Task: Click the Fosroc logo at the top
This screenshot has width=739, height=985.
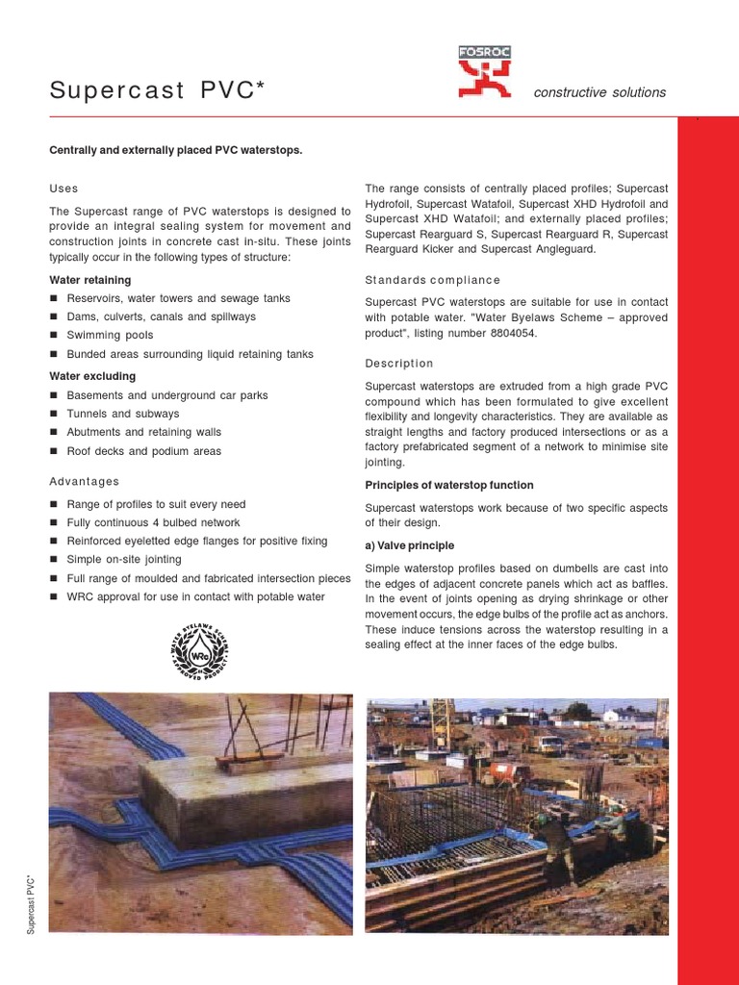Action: tap(486, 72)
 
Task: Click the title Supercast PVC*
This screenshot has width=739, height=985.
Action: tap(157, 91)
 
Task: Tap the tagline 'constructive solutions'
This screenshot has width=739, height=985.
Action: tap(599, 92)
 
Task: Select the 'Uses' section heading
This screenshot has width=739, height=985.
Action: tap(64, 189)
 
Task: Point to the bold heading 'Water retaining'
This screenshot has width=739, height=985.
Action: tap(90, 280)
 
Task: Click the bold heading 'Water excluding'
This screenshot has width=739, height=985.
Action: tap(92, 376)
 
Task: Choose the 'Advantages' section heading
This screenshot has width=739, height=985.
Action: tap(85, 481)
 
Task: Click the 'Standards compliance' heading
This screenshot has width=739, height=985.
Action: tap(433, 280)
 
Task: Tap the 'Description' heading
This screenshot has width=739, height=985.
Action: tap(399, 364)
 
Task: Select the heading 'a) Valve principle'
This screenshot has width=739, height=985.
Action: tap(410, 545)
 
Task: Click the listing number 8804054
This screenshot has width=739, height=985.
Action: tap(510, 333)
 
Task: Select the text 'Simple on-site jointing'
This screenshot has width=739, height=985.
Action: tap(124, 560)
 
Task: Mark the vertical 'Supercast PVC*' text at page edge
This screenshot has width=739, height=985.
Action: tap(31, 903)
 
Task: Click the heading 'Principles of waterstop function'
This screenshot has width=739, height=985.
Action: tap(449, 485)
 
